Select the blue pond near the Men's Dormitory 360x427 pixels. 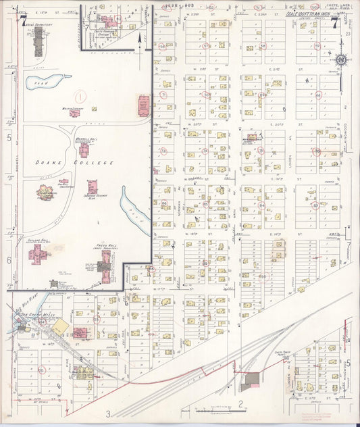tap(41, 82)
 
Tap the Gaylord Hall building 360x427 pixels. tap(37, 253)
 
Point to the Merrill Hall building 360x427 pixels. tap(84, 149)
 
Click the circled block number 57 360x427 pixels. tap(317, 46)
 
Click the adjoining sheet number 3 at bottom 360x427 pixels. tap(107, 413)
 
